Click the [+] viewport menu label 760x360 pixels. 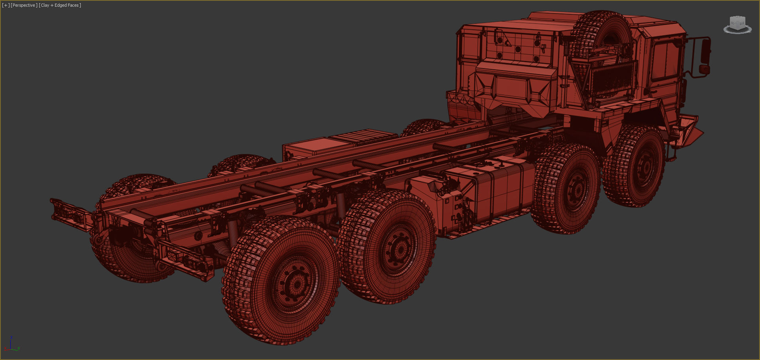click(6, 5)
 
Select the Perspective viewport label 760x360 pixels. click(24, 5)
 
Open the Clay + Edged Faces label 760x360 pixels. click(60, 5)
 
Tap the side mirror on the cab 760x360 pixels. click(705, 51)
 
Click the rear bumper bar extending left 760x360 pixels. click(69, 214)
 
